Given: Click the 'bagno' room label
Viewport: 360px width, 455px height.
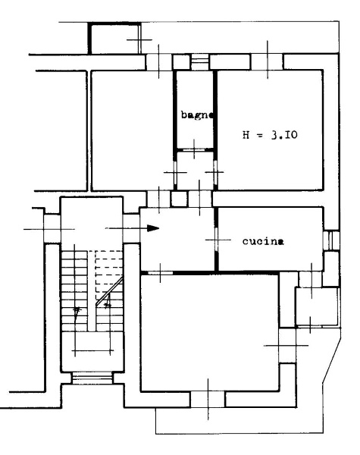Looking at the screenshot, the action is click(198, 115).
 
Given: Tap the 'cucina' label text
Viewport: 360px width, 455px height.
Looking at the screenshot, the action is click(263, 241).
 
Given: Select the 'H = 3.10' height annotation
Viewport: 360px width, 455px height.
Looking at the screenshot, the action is click(270, 135).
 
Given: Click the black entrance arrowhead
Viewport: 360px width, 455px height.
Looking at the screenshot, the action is click(153, 228).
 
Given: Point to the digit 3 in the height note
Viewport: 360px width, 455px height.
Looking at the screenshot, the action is click(274, 135).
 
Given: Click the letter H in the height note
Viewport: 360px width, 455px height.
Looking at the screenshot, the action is click(246, 135).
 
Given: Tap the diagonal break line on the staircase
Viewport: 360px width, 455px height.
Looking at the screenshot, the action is click(109, 291).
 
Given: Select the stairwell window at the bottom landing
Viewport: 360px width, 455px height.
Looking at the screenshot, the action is click(92, 378).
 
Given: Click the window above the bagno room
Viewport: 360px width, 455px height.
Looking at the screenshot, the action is click(200, 62).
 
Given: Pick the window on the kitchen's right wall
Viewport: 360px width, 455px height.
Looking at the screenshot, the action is click(330, 240).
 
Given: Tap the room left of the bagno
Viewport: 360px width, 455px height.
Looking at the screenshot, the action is click(133, 130).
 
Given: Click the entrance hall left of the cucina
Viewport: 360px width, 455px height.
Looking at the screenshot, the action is click(177, 239).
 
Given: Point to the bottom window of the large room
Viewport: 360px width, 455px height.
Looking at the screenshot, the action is click(208, 399).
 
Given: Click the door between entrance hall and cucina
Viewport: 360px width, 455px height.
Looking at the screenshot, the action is click(216, 240).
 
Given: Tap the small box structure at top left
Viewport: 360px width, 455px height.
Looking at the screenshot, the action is click(114, 39).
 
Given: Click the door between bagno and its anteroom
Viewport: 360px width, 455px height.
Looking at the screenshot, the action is click(194, 149).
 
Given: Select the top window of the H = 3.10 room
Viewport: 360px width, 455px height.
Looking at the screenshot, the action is click(267, 61).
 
